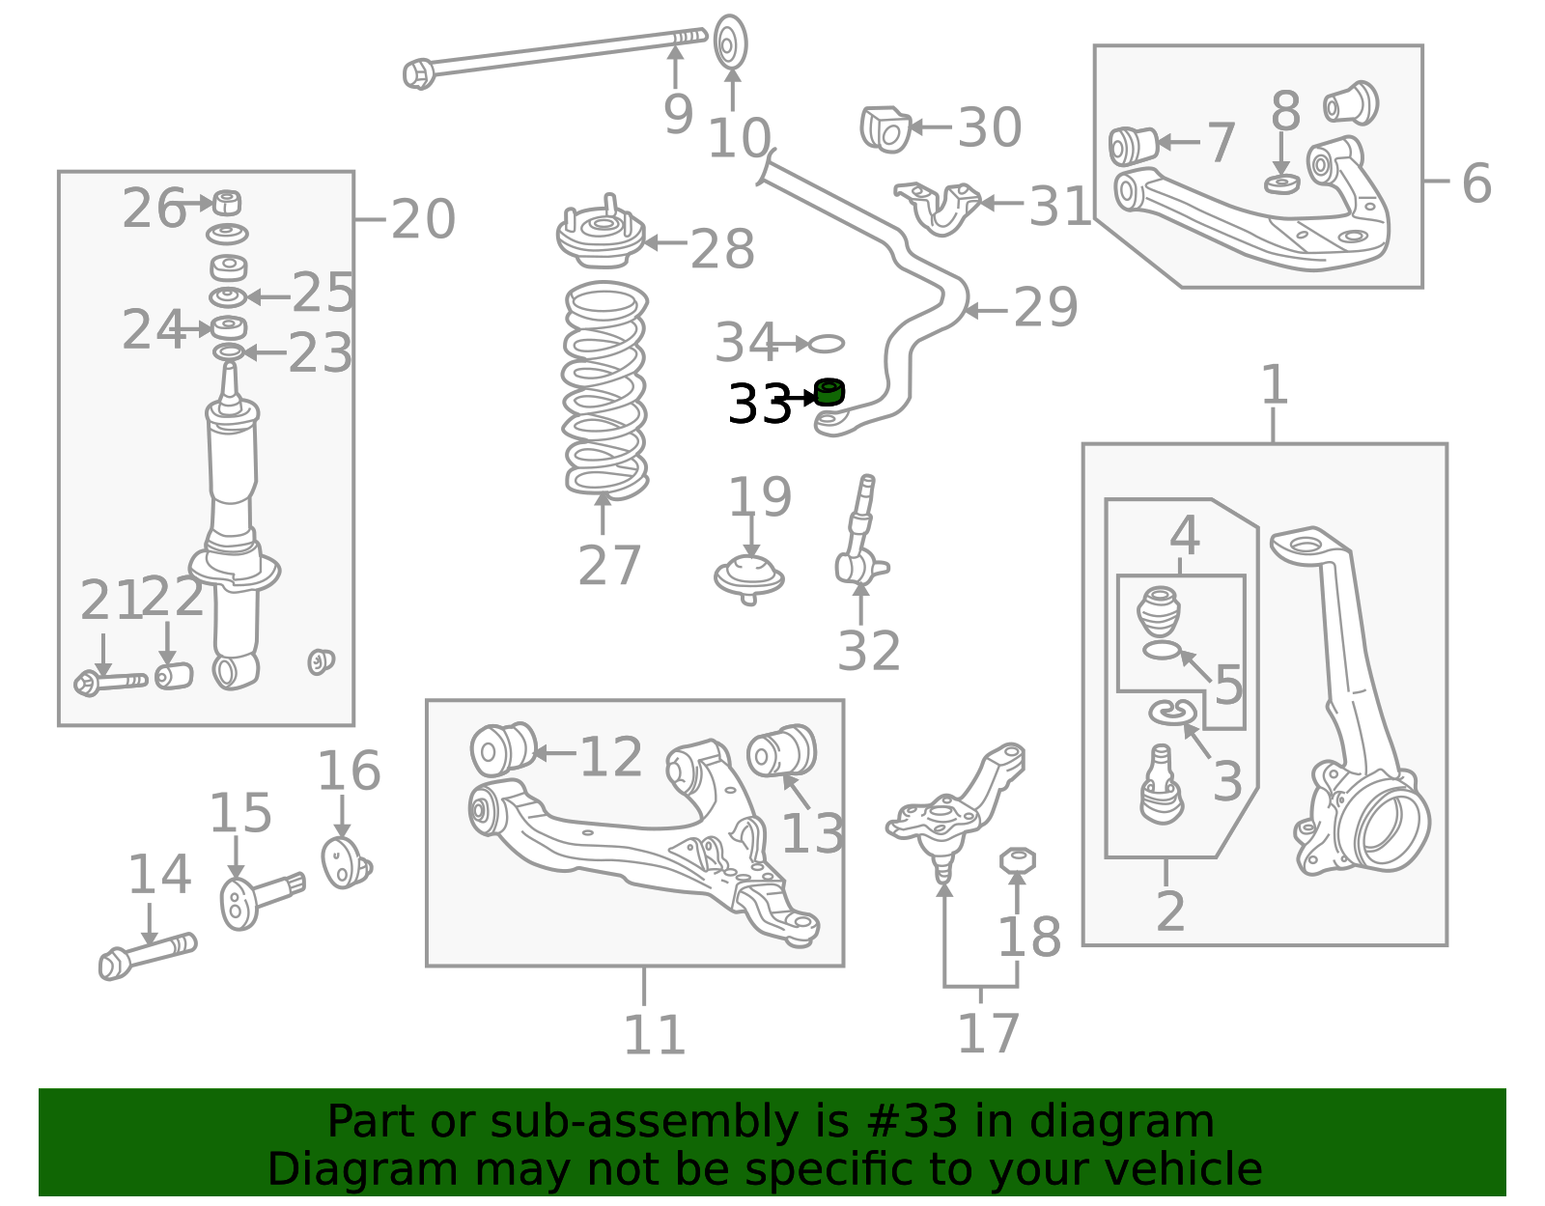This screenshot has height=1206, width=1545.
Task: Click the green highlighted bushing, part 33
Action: tap(829, 392)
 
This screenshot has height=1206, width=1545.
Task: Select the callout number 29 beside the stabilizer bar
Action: tap(1045, 308)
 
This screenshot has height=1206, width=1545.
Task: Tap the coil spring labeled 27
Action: tap(605, 391)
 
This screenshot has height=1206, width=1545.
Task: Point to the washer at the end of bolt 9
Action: tap(731, 42)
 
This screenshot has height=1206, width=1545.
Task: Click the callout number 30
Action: tap(989, 127)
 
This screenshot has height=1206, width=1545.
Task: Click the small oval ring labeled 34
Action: tap(826, 343)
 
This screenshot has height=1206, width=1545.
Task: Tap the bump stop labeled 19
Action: tap(749, 577)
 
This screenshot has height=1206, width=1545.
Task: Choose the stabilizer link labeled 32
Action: tap(858, 541)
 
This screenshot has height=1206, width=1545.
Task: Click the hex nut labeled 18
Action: tap(1016, 858)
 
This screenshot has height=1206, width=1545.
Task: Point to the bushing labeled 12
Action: tap(502, 749)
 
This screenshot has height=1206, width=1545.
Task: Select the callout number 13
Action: tap(812, 834)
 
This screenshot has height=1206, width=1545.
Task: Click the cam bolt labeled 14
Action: tap(147, 956)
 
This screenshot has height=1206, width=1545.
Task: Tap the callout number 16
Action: tap(349, 771)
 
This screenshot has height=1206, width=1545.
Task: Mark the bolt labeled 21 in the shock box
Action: tap(110, 682)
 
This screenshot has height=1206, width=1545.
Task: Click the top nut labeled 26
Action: tap(227, 203)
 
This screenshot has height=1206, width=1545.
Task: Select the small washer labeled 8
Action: tap(1281, 182)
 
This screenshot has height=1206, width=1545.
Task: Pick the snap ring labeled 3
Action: tap(1172, 713)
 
